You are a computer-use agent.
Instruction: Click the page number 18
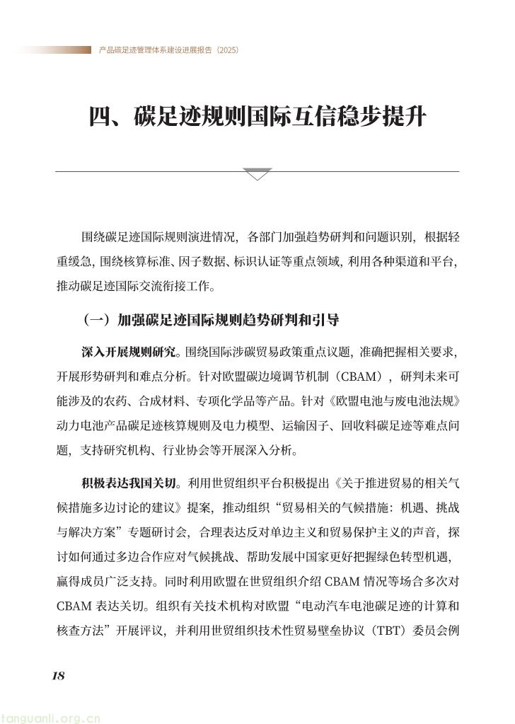[58, 675]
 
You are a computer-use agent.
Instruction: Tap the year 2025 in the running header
[228, 50]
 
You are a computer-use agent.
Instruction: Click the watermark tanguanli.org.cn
[51, 717]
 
